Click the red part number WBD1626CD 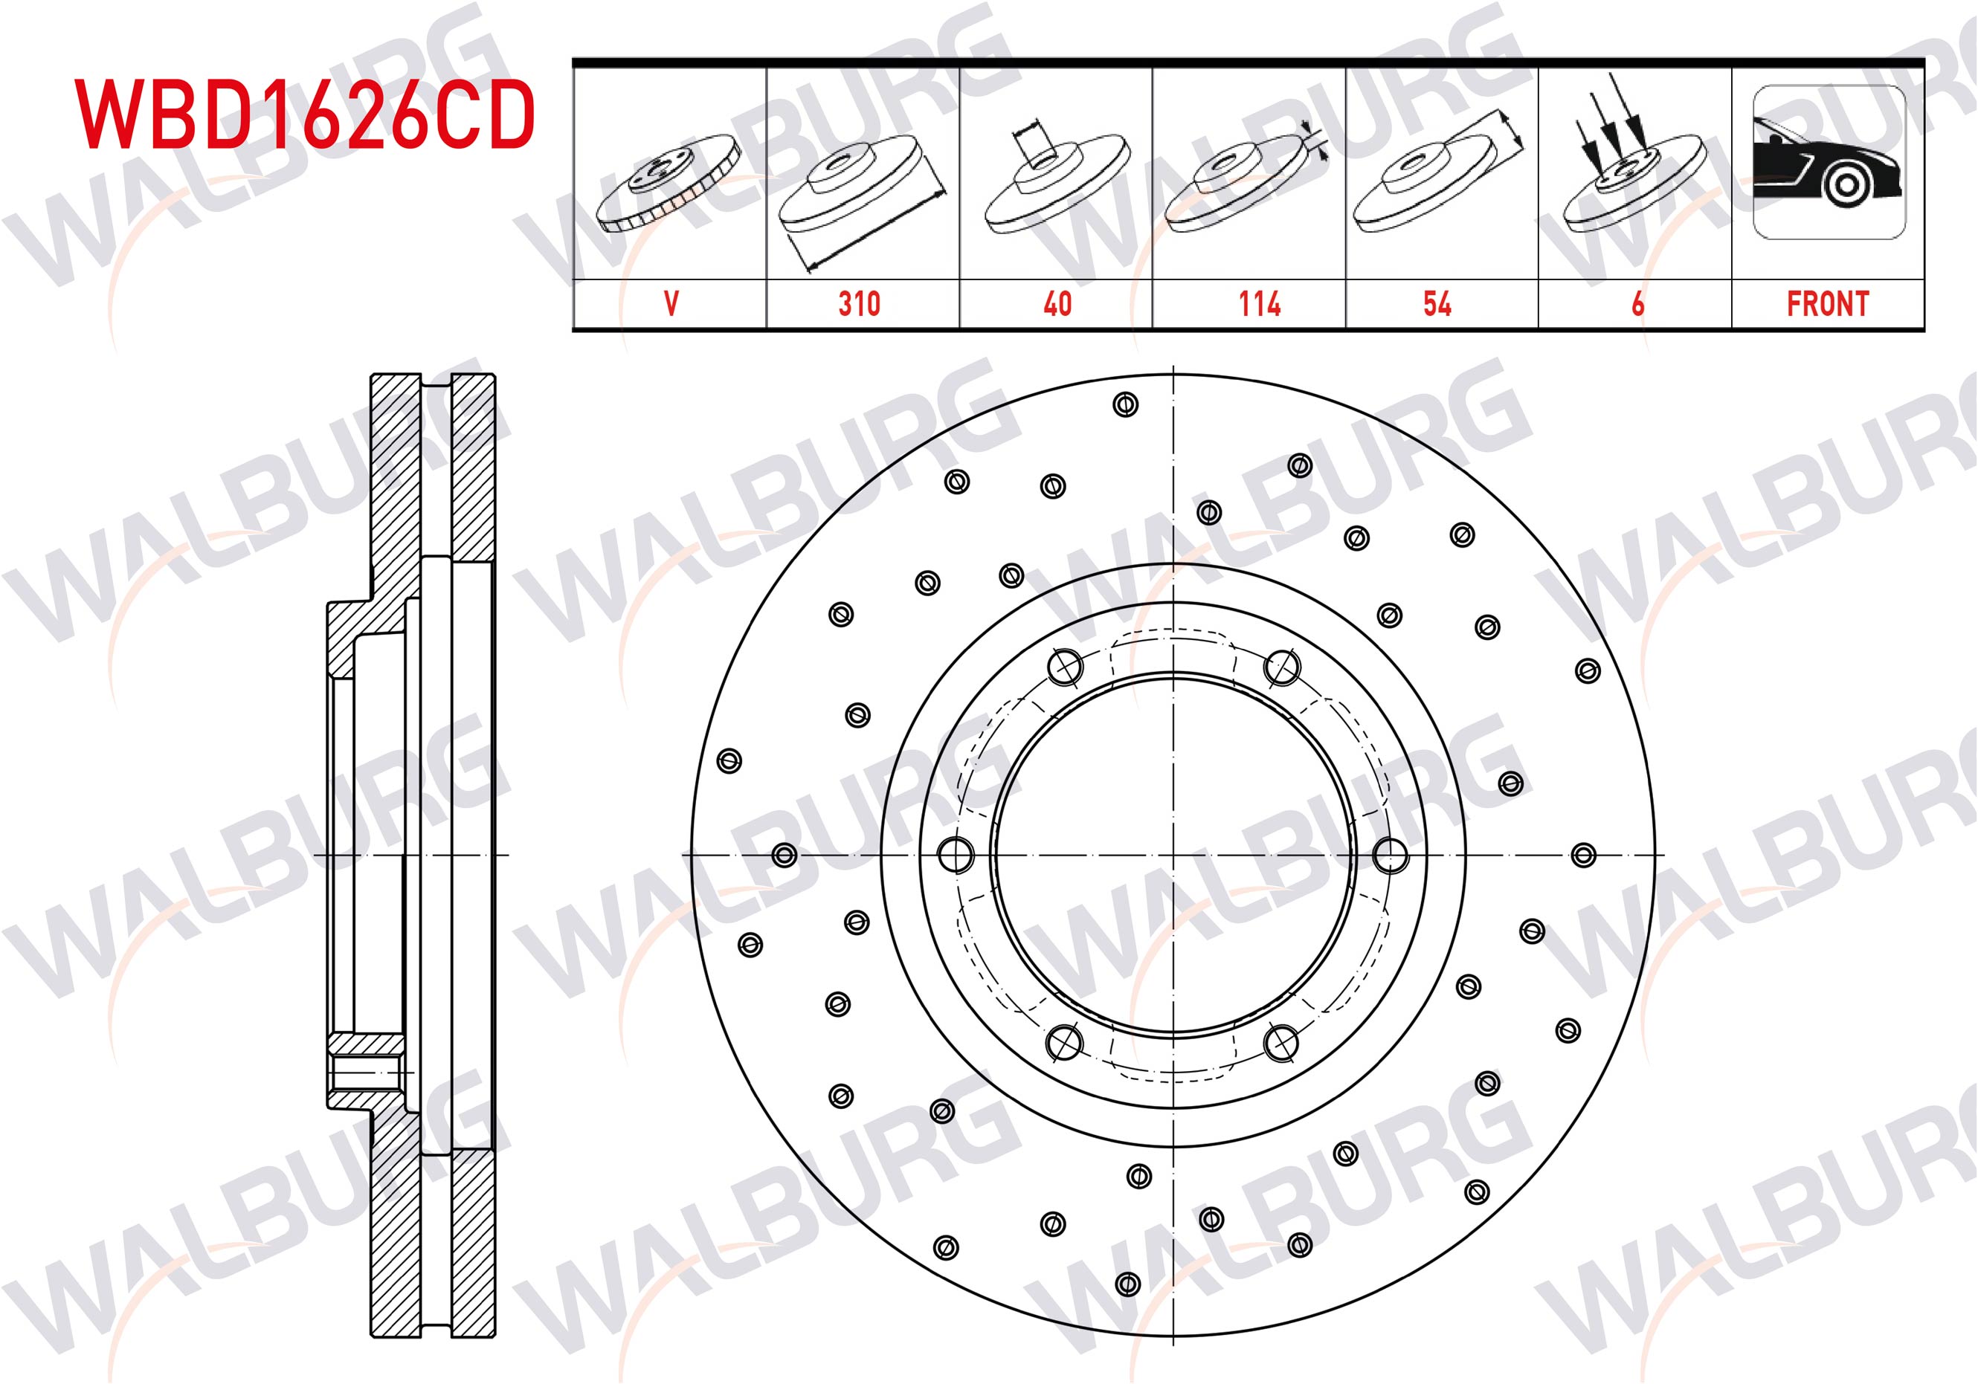306,114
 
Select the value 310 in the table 859,304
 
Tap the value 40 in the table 1057,304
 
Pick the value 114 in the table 1260,304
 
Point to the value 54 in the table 1437,304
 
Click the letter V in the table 671,304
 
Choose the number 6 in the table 1637,304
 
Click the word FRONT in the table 1828,304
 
